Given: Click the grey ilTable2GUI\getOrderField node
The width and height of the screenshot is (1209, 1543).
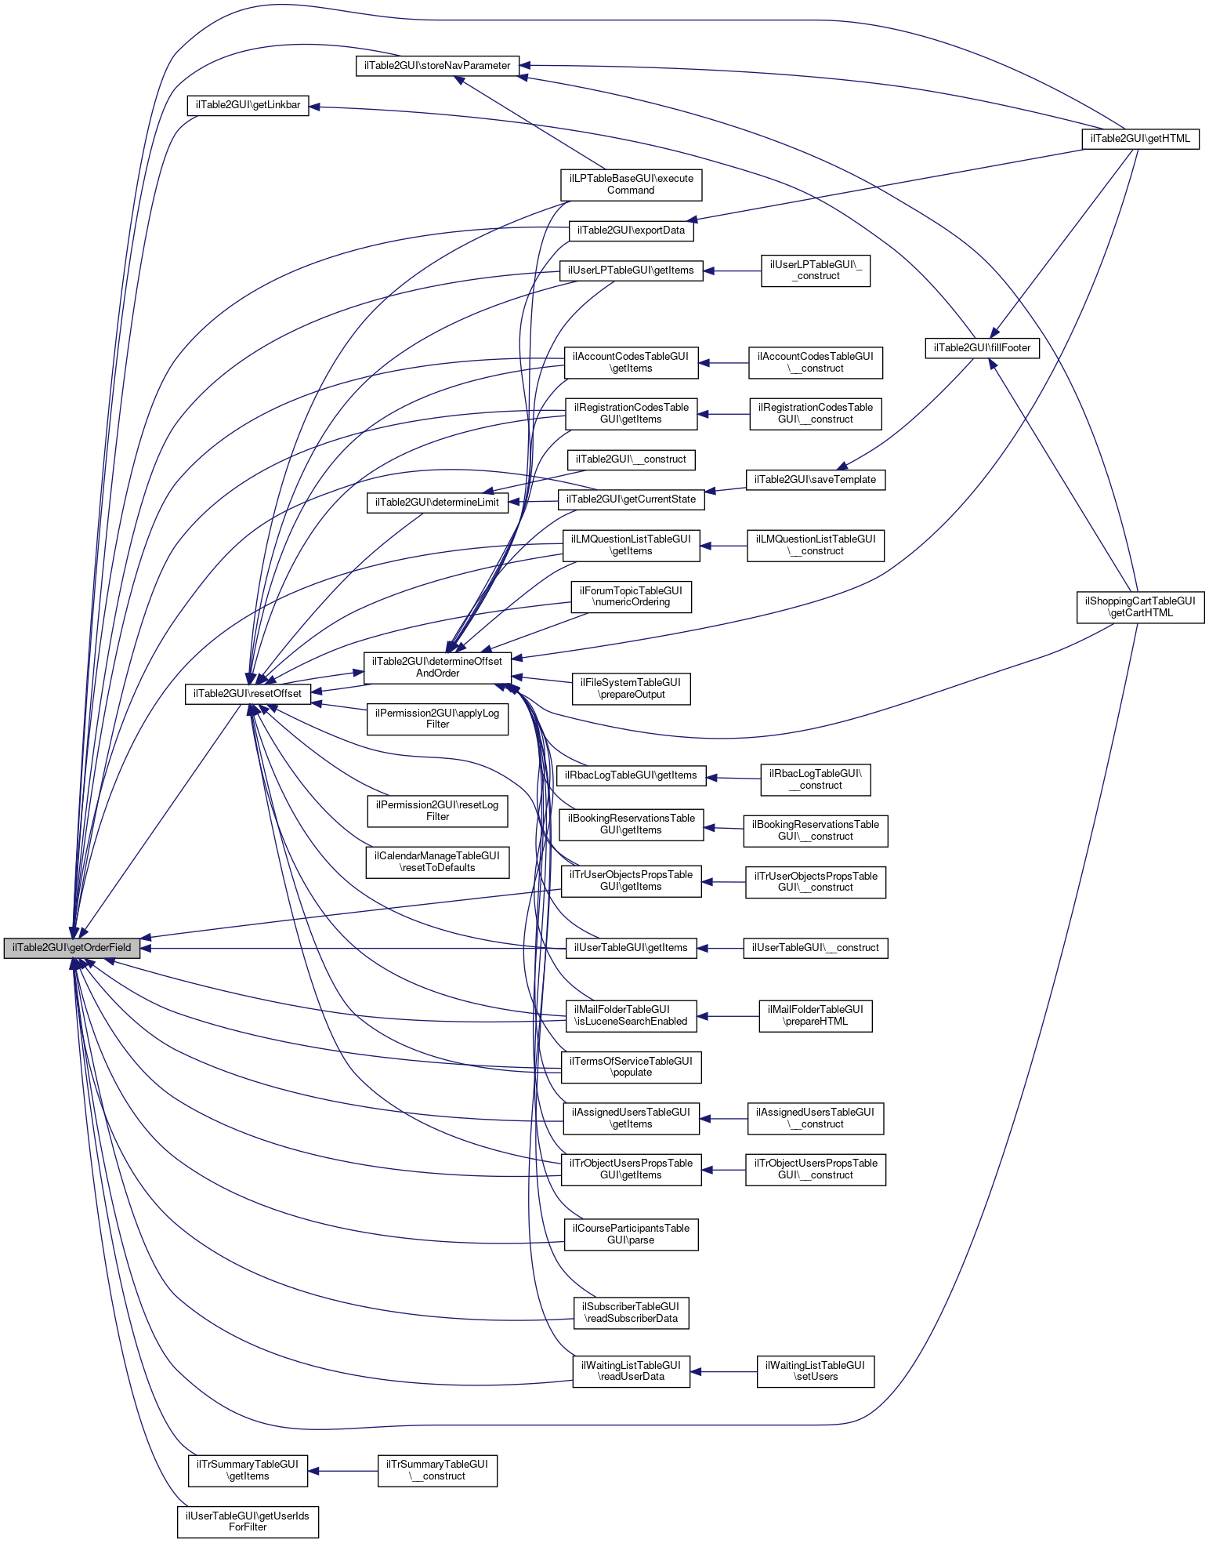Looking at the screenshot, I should pos(71,947).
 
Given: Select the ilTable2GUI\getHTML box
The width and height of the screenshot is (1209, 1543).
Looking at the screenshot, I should pos(1140,139).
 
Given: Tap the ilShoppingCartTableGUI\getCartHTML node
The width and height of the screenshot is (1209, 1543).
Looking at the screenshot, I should pos(1140,607).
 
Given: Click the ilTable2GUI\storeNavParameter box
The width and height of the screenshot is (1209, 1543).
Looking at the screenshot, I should pos(437,66).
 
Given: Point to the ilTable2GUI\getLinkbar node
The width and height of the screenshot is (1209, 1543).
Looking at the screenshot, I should pos(248,105).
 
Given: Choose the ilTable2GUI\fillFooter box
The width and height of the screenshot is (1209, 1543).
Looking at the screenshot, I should pos(982,347).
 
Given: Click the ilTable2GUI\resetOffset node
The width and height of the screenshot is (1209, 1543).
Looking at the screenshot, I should pos(248,694).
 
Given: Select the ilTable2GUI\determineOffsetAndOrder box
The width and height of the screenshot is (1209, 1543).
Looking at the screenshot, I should pos(437,667).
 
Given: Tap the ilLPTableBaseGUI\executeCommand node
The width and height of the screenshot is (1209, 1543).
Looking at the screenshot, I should pos(631,184).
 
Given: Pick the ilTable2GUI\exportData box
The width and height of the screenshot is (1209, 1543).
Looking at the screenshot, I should pos(631,230).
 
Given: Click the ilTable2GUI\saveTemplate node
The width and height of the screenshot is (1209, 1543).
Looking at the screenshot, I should pos(815,479).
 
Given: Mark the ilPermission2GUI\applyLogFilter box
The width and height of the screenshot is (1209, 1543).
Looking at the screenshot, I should pos(437,718).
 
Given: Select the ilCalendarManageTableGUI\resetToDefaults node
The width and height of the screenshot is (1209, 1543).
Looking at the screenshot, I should pos(437,862).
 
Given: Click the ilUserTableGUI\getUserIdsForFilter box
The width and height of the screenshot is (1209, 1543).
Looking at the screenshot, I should pos(248,1521).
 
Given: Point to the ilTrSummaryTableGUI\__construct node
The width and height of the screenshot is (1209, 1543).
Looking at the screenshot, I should pos(437,1470).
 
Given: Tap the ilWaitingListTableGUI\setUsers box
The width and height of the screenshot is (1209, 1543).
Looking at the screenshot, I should pos(815,1371).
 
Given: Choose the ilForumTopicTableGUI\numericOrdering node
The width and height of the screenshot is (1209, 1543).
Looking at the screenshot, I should pos(631,596).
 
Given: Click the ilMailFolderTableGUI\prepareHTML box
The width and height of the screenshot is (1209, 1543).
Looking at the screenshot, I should pos(815,1015).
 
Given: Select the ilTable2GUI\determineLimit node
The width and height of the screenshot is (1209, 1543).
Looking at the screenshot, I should pos(437,503).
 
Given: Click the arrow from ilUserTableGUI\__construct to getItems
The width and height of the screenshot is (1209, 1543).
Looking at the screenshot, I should pos(720,948).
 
